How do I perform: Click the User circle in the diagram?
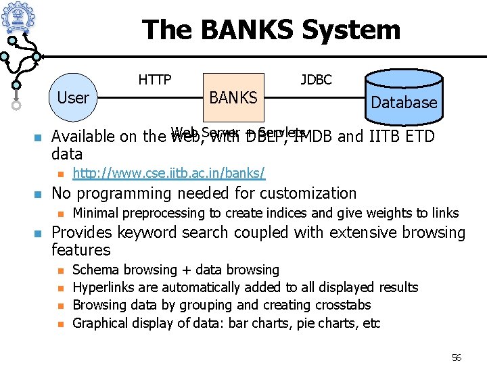point(73,98)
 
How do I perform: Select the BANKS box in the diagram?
point(233,98)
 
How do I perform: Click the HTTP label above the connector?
point(155,80)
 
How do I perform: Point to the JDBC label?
point(316,80)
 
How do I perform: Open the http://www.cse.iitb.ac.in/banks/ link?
point(168,173)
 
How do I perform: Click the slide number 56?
point(456,358)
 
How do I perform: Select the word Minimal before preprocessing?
point(96,213)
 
